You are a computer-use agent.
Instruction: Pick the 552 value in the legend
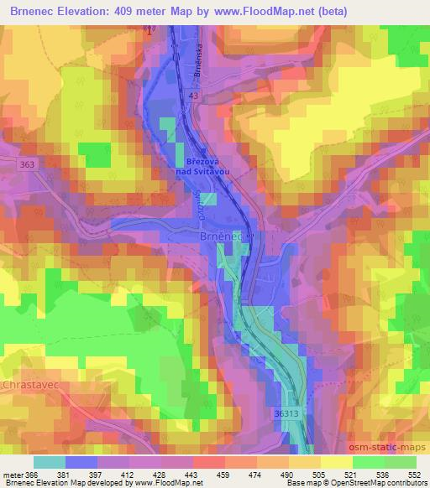click(x=415, y=475)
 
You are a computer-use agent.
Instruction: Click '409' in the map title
click(x=146, y=10)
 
